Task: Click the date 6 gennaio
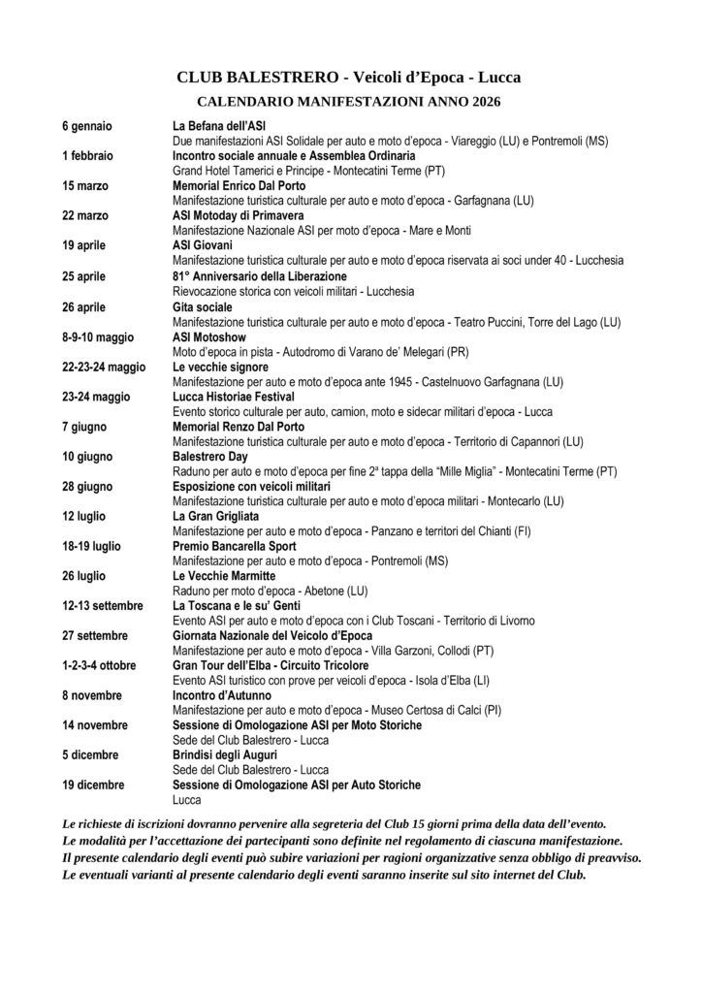click(86, 126)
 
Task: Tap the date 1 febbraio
click(87, 155)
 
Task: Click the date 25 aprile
click(83, 275)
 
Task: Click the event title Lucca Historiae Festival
click(235, 396)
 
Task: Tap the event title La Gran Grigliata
click(215, 515)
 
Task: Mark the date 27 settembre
click(95, 635)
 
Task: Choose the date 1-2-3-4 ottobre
click(99, 665)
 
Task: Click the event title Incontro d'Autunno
click(222, 695)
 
